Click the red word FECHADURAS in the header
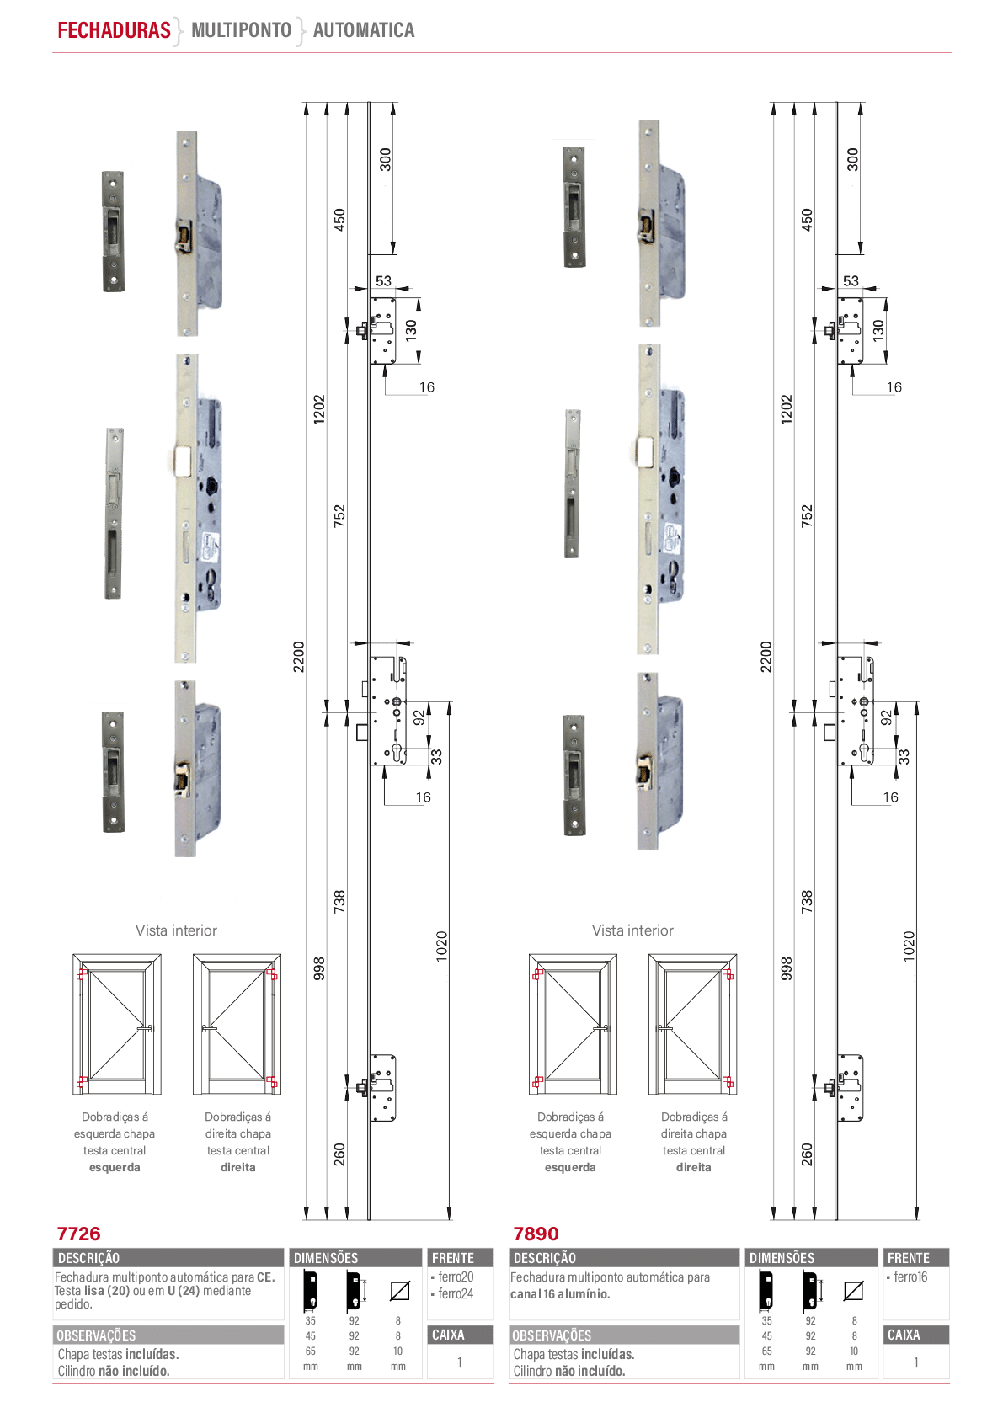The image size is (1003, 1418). click(114, 30)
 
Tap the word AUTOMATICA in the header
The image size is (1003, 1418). click(364, 30)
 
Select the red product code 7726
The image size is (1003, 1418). click(78, 1233)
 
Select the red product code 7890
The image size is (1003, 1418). click(536, 1233)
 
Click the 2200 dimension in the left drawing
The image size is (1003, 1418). click(299, 657)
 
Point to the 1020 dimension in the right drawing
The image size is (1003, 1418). click(910, 946)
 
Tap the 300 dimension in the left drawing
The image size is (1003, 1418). click(386, 159)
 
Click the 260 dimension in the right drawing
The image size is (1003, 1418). click(807, 1154)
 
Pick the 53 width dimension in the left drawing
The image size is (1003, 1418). click(384, 280)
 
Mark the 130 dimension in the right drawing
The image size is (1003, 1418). click(878, 330)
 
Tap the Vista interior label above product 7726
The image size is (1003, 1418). click(176, 930)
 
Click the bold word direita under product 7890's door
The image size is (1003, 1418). click(693, 1167)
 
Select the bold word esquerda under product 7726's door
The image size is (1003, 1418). click(115, 1167)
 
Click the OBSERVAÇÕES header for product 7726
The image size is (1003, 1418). click(96, 1335)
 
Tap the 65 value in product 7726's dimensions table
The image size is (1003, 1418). click(310, 1351)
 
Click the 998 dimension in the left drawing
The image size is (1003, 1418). click(319, 968)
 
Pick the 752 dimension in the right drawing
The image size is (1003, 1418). click(807, 516)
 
